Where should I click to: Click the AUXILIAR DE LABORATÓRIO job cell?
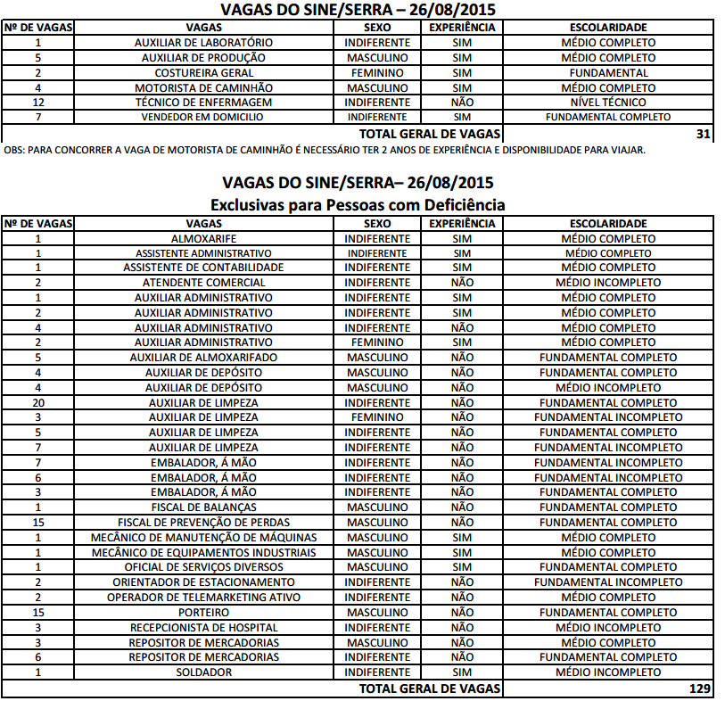tap(203, 43)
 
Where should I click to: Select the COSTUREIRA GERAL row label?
tap(203, 73)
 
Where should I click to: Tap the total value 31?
tap(704, 133)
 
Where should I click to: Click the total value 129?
tap(701, 689)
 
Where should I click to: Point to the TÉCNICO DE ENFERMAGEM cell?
tap(203, 103)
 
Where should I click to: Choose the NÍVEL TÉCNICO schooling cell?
tap(608, 103)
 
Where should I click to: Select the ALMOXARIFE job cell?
tap(203, 238)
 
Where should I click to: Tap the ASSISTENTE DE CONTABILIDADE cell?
tap(203, 268)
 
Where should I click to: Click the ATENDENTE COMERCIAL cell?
tap(203, 283)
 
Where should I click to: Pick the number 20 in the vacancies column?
tap(38, 402)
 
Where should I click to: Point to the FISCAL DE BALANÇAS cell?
tap(203, 507)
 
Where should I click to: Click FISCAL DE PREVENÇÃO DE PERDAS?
tap(203, 522)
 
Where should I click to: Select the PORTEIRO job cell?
tap(203, 613)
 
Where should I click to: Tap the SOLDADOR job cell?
tap(203, 672)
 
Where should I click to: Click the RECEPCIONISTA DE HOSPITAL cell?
tap(203, 628)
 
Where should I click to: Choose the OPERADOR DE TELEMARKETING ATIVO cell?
tap(203, 598)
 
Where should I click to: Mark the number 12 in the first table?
tap(38, 103)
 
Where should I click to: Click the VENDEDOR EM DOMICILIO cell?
tap(203, 117)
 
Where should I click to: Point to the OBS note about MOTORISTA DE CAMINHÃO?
tap(324, 149)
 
